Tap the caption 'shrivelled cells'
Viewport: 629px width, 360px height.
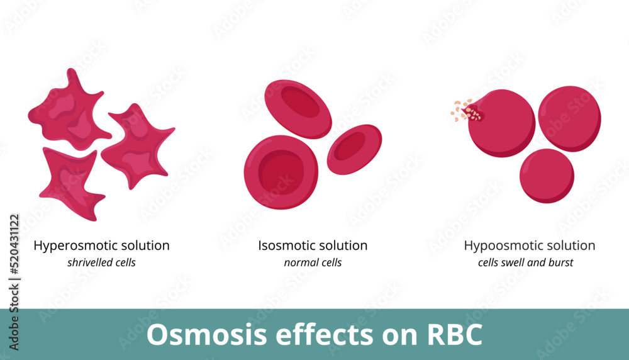click(101, 262)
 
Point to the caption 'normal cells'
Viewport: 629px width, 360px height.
click(313, 262)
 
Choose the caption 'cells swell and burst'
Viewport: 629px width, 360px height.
click(525, 262)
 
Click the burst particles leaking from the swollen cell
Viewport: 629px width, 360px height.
click(464, 111)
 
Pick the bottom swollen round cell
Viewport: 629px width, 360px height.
click(547, 176)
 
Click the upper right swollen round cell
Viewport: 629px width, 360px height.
click(569, 118)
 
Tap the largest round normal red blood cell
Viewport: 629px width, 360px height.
click(281, 171)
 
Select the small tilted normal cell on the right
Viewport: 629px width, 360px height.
click(354, 149)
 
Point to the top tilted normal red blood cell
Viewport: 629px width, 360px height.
click(298, 108)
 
